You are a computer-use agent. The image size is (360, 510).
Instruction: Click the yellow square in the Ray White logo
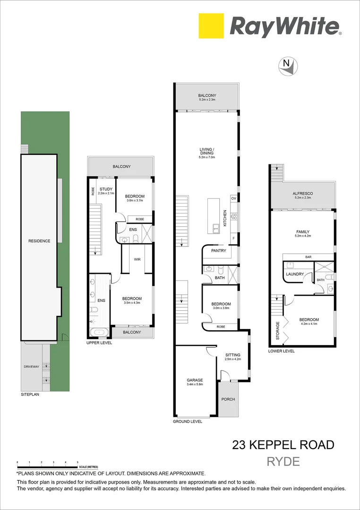tap(211, 26)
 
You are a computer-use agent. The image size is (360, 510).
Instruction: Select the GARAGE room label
tap(195, 380)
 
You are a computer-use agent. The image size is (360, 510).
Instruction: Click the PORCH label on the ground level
tap(228, 399)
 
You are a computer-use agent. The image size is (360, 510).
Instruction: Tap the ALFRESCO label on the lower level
tap(303, 194)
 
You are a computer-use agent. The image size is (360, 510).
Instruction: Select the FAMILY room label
tap(303, 231)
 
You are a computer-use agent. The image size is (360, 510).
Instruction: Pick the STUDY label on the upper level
tap(106, 189)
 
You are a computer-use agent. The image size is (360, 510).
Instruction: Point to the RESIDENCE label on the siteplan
tap(39, 241)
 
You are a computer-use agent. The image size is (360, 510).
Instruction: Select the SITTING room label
tap(232, 355)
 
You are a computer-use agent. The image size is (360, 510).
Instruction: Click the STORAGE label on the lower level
tap(277, 331)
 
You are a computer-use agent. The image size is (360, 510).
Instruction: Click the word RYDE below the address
tap(283, 461)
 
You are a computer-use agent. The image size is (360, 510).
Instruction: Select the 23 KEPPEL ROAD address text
tap(283, 444)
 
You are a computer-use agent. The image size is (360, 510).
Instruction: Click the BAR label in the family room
tap(308, 257)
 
